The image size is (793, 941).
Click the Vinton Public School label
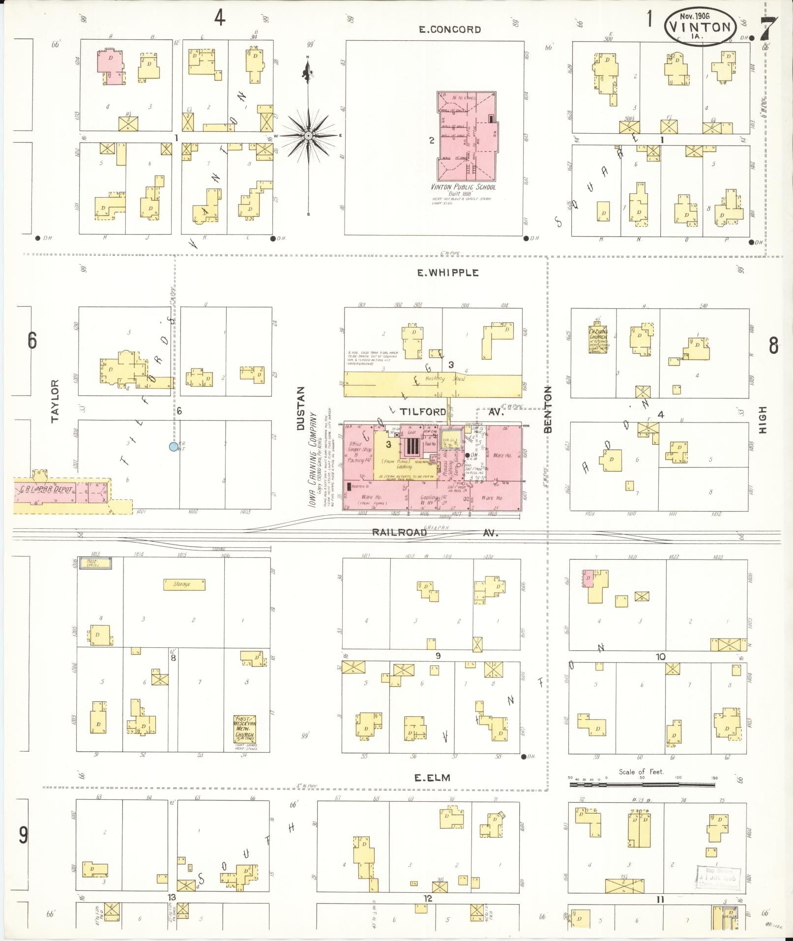point(463,187)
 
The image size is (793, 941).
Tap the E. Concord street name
point(449,30)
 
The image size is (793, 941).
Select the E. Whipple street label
point(447,273)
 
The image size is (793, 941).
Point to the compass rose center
point(308,136)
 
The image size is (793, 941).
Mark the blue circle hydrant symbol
point(173,447)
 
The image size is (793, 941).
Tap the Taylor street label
point(55,400)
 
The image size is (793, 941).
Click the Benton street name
point(548,409)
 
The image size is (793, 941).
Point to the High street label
point(763,419)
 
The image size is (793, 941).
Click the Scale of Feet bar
point(642,784)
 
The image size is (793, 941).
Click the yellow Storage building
point(184,584)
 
